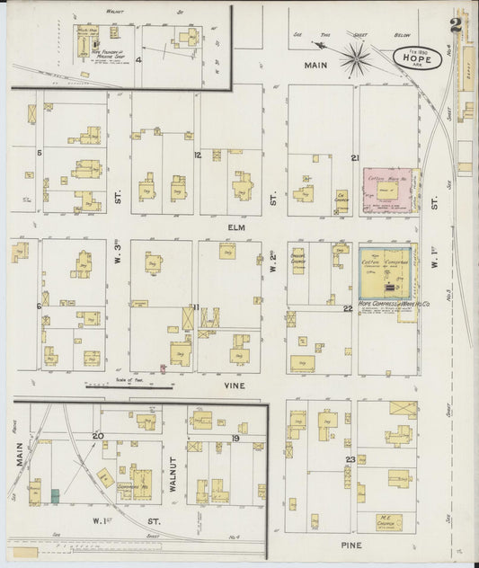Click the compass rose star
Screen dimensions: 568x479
pos(356,60)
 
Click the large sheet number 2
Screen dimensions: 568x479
pos(457,24)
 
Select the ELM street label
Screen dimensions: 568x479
pos(236,228)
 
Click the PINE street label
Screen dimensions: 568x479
pos(350,545)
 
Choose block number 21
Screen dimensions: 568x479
pos(356,158)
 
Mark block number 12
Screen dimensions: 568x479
pos(197,155)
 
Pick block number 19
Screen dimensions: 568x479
pos(235,438)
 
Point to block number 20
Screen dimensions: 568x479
pos(98,436)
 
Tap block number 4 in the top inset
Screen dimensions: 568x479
pos(138,60)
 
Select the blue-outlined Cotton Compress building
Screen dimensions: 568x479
pos(385,272)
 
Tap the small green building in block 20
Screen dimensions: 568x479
pos(56,495)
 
